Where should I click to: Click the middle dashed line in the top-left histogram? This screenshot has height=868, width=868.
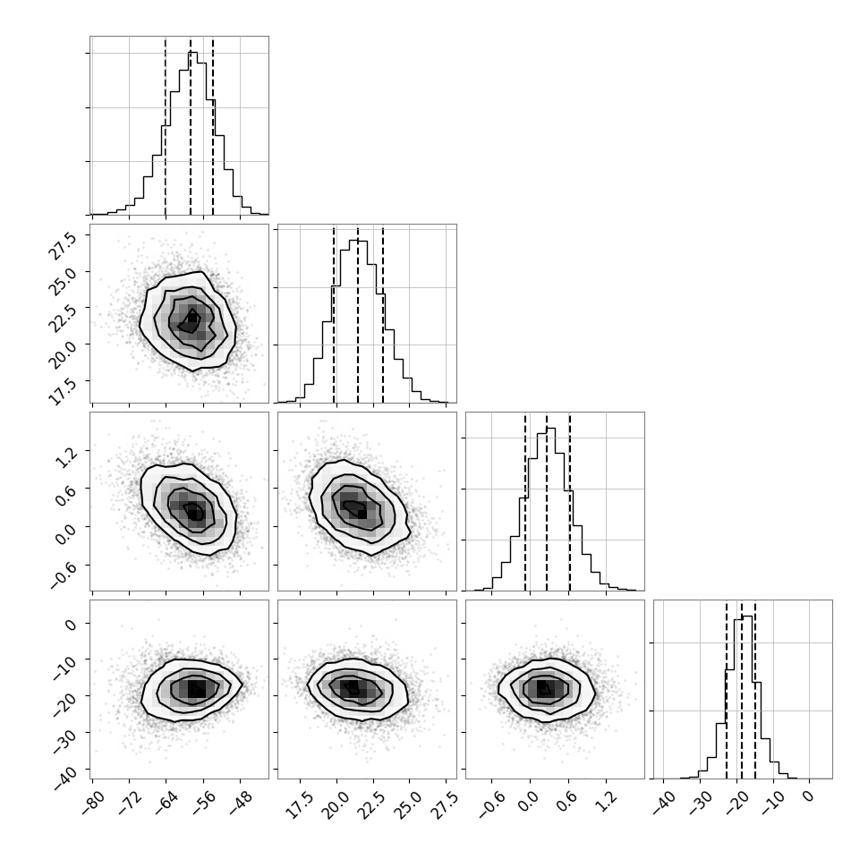click(x=191, y=125)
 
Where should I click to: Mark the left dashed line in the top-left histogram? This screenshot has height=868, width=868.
click(x=166, y=125)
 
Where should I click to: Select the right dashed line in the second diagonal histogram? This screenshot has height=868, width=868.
click(x=382, y=313)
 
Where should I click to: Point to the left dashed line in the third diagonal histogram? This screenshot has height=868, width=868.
click(x=524, y=501)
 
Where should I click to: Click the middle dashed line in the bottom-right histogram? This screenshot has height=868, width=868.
click(x=742, y=689)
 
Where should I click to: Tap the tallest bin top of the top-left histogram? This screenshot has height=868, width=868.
click(x=192, y=52)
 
